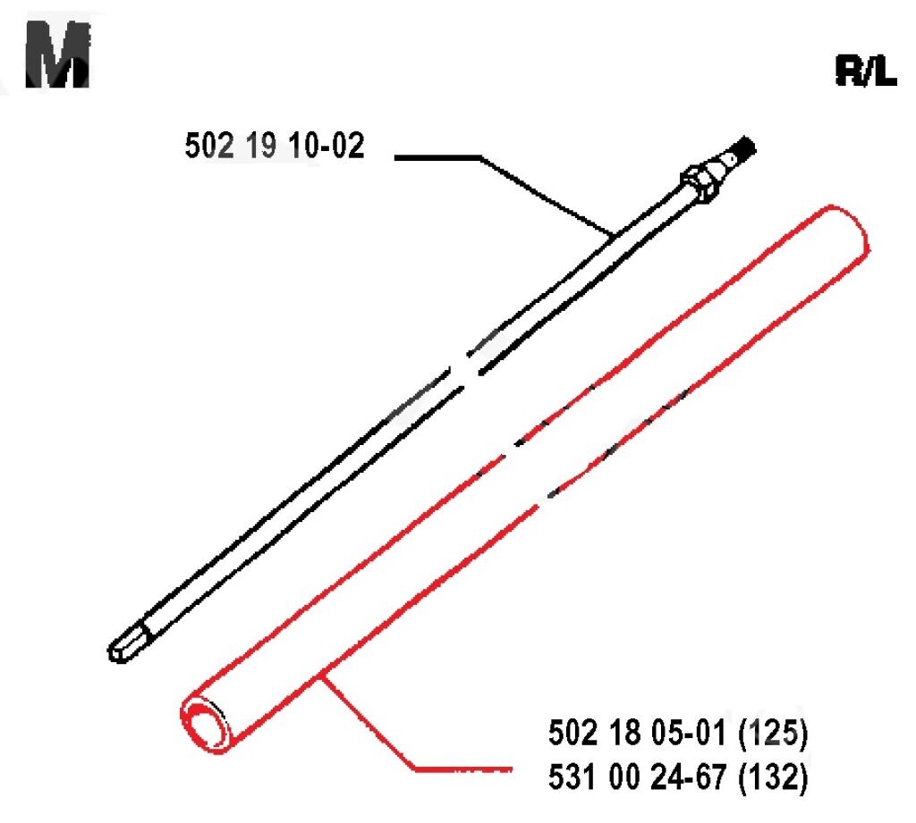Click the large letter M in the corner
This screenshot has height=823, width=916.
click(x=58, y=55)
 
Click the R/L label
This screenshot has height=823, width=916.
click(x=866, y=71)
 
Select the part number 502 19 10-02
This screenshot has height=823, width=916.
click(x=275, y=146)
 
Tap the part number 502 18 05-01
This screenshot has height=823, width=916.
click(x=636, y=732)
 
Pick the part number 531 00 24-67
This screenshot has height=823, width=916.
click(x=637, y=777)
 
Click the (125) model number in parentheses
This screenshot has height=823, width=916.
click(x=773, y=733)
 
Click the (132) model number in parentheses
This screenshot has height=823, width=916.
click(x=773, y=777)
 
